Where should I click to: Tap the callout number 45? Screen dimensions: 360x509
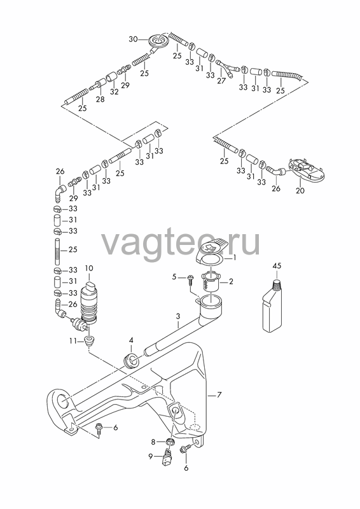(277, 266)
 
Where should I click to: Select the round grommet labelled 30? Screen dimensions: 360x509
(158, 41)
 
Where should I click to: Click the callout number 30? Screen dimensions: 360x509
(133, 39)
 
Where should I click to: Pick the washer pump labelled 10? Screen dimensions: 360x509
(88, 303)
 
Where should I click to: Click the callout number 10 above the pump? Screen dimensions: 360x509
(88, 268)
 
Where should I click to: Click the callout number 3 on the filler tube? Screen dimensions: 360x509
(178, 316)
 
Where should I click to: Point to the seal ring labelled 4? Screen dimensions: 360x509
(132, 361)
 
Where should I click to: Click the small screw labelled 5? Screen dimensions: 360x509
(190, 280)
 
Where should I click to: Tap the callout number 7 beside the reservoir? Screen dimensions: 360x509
(219, 395)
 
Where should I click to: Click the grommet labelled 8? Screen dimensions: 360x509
(170, 442)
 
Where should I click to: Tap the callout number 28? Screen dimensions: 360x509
(100, 99)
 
